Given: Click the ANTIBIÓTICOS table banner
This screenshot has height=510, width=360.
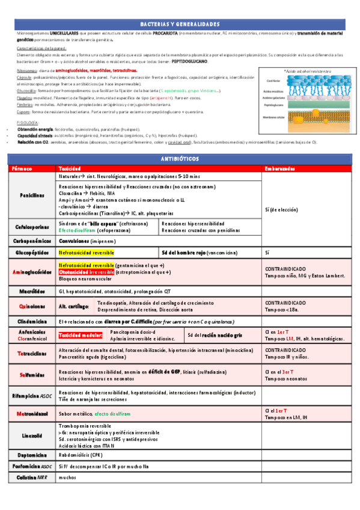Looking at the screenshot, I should pos(180,159).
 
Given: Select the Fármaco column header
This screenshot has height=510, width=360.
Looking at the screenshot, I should pos(22,169).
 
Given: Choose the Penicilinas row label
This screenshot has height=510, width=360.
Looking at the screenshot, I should pos(31,195).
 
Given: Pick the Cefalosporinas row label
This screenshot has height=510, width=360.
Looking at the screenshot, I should pos(31,227).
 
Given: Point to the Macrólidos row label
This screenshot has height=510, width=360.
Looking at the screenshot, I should pos(31,290).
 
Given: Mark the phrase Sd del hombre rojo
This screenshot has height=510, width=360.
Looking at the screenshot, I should pos(183,253).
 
